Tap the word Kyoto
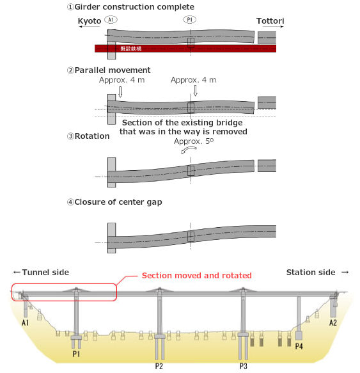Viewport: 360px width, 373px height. pos(89,21)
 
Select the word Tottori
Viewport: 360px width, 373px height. pos(270,21)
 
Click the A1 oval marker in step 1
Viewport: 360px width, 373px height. pos(111,20)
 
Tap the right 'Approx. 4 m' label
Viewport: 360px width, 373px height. pos(193,80)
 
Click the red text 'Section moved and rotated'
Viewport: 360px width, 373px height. pos(196,275)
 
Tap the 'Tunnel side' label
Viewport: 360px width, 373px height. pos(40,272)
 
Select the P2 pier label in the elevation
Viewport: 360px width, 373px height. pos(159,366)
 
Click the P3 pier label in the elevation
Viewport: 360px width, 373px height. pos(244,366)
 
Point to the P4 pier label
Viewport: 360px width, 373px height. pos(299,346)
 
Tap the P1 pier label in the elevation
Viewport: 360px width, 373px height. pos(76,353)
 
